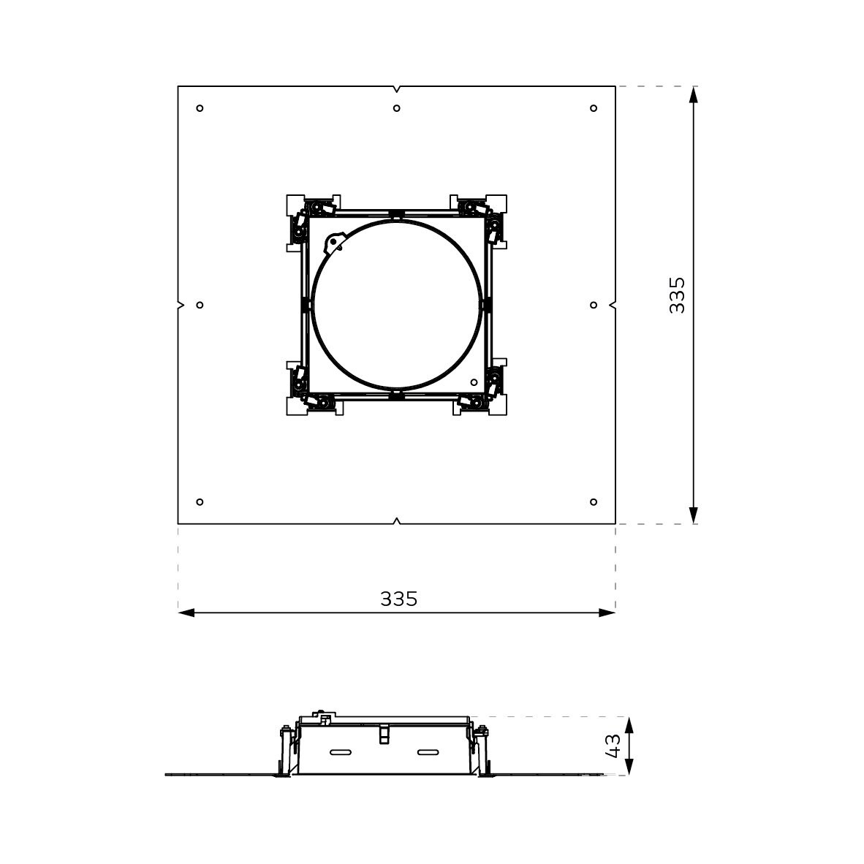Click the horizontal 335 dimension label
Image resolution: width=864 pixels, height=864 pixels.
tap(399, 599)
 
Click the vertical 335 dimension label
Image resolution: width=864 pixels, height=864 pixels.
tap(677, 295)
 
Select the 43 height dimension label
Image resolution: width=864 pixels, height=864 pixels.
tap(613, 746)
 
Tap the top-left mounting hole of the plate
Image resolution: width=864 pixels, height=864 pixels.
tap(200, 108)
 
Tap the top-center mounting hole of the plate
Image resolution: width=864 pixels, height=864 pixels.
tap(397, 108)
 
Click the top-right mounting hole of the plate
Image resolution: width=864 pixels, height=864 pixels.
tap(594, 108)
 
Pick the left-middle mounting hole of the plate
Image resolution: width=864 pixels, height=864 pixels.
tap(200, 305)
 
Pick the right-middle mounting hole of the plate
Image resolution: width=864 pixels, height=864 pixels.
tap(594, 305)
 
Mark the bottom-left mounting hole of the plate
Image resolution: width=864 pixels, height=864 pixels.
tap(200, 502)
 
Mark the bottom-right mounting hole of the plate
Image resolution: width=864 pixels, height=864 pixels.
tap(594, 502)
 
